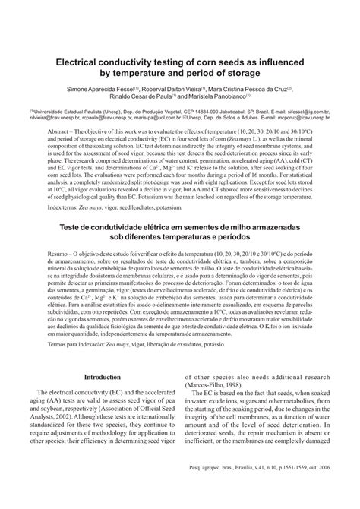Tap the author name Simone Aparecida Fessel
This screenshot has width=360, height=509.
(x=97, y=88)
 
